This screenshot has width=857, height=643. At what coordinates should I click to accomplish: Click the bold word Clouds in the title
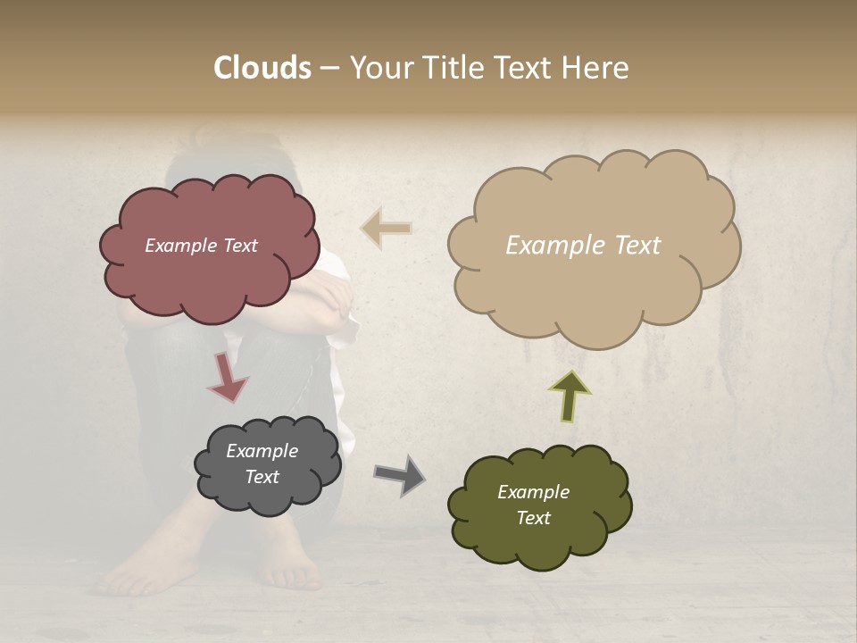(x=262, y=68)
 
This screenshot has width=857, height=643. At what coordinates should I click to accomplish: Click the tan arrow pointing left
(x=387, y=228)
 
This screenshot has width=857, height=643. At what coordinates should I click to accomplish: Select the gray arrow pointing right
(x=400, y=474)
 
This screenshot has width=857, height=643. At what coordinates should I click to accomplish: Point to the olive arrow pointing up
(x=570, y=396)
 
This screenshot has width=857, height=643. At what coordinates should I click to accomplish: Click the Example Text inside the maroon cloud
(x=201, y=246)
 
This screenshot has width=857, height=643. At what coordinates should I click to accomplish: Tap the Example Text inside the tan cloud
(x=583, y=246)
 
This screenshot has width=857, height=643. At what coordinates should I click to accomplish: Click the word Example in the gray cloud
(x=262, y=451)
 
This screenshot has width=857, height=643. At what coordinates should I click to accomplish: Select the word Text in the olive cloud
(x=533, y=518)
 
